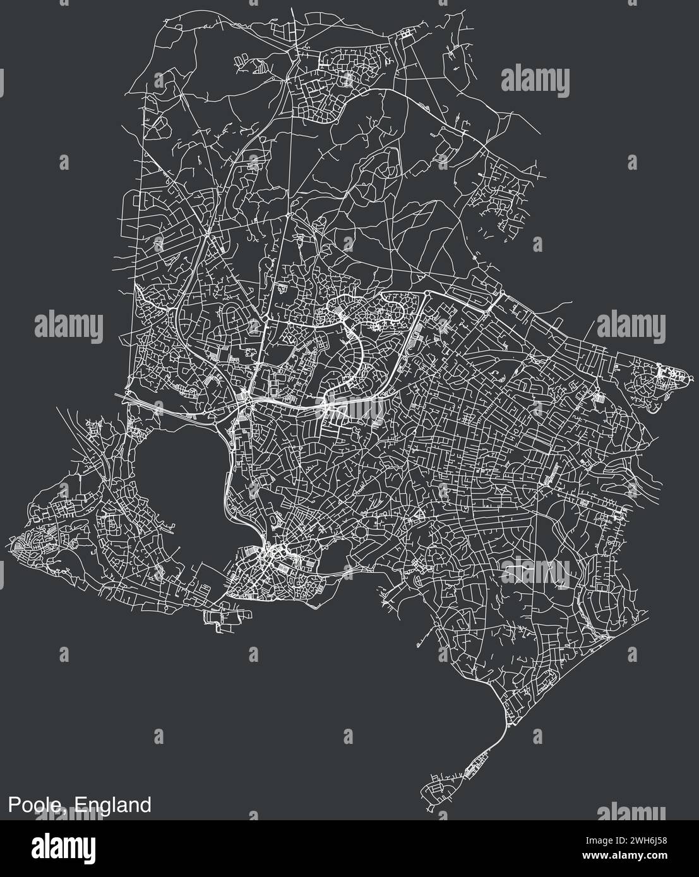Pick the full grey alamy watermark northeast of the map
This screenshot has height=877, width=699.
[535, 81]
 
